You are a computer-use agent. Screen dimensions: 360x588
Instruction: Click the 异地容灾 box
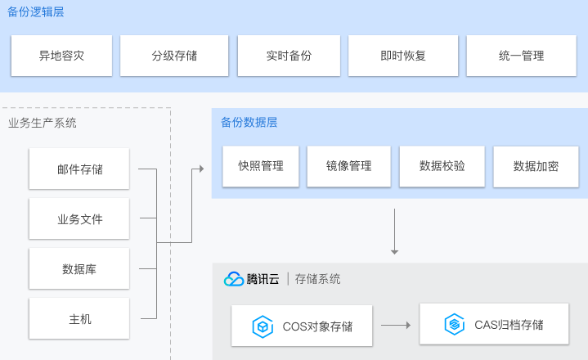[62, 56]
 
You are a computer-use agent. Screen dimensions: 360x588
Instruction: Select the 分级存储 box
[173, 56]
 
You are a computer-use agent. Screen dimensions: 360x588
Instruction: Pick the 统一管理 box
[521, 56]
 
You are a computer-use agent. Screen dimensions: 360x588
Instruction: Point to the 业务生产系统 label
[43, 124]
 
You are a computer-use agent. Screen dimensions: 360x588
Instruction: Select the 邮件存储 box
[79, 169]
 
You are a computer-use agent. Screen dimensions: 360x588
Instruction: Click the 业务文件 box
[79, 219]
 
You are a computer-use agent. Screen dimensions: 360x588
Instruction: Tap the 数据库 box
[79, 269]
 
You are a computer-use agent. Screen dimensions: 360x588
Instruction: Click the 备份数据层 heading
[249, 123]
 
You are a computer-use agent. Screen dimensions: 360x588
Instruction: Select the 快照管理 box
[261, 166]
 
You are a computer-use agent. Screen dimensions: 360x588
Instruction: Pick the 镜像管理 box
[349, 166]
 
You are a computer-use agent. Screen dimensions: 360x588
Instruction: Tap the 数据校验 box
[442, 166]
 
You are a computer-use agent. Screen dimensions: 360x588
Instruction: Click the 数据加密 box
[536, 167]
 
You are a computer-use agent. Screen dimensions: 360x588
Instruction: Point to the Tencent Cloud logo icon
[234, 279]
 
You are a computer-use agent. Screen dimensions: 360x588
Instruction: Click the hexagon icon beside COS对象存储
[263, 326]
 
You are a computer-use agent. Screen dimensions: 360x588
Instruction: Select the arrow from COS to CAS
[396, 326]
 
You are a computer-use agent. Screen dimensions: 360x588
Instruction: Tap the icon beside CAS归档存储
[454, 325]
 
